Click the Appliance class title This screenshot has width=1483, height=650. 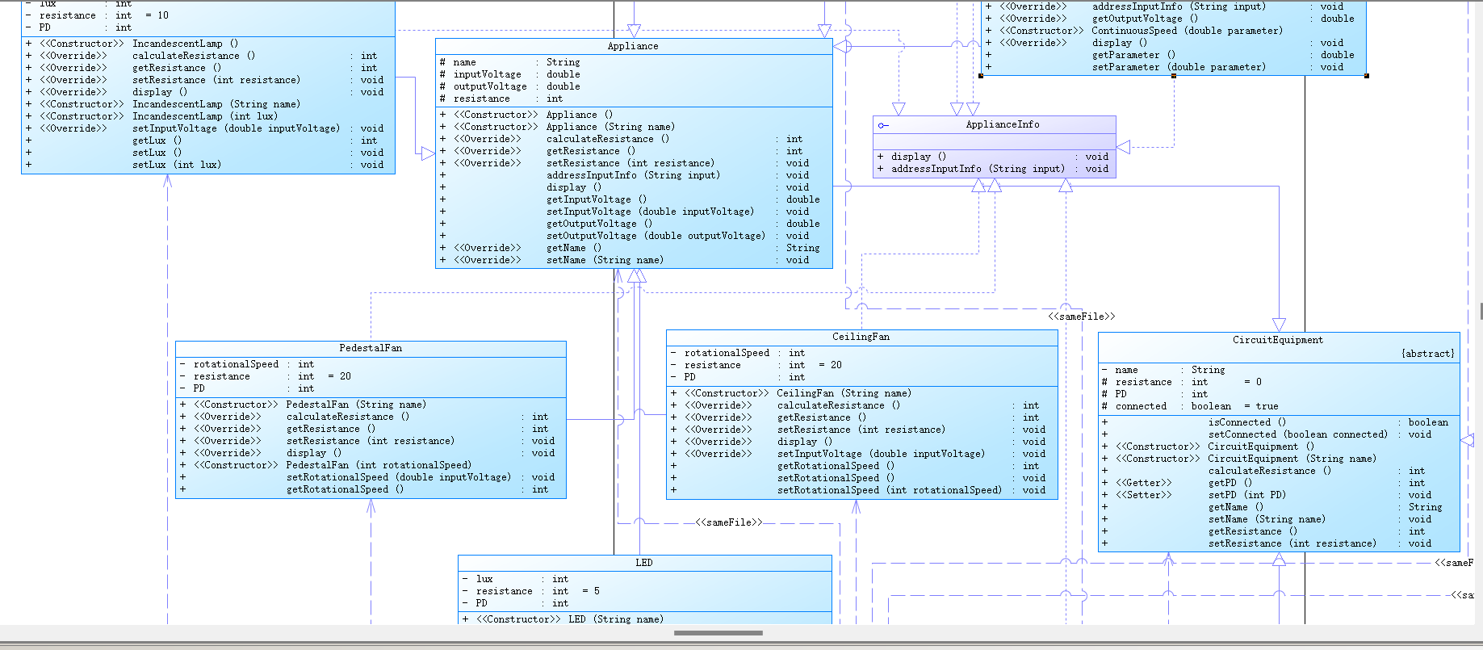[633, 46]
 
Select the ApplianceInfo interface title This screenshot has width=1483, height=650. [1003, 124]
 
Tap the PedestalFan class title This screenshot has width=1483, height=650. [371, 348]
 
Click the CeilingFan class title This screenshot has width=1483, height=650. [861, 337]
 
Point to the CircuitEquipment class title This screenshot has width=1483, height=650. [1278, 340]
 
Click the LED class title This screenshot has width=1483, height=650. [644, 563]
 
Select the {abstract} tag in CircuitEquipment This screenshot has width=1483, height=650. [1428, 354]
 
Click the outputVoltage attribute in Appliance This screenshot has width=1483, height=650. [490, 86]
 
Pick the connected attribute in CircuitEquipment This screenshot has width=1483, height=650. [1141, 406]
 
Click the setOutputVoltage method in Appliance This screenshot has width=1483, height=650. [656, 236]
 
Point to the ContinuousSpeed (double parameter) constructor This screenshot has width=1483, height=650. [1187, 31]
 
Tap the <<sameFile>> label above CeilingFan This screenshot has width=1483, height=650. [1082, 317]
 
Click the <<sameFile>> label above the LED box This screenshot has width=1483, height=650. [729, 522]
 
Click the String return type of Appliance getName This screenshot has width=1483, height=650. [802, 248]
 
